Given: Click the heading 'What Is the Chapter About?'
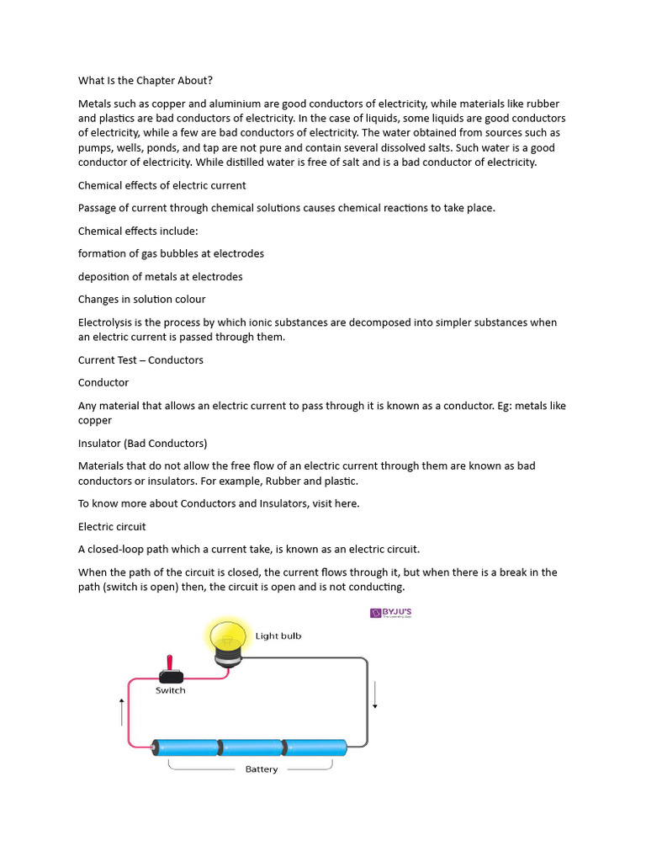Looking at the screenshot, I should pos(145,81).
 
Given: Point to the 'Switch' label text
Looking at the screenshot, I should pos(171,690).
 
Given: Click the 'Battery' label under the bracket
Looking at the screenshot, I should pos(261,769).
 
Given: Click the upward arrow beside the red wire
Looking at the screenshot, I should pos(122,712).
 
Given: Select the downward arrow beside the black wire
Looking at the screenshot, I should pos(375,694).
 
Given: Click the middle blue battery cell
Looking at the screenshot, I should pos(252,747).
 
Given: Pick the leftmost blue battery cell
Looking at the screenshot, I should pos(187,747).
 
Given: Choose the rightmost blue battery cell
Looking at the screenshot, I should pos(315,747).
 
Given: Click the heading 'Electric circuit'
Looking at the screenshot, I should pos(112,527).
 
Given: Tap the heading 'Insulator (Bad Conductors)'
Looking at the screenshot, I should pos(142,443).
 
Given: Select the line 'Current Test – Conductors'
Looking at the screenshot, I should pos(140,360).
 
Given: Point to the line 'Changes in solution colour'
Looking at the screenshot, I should pos(141,300).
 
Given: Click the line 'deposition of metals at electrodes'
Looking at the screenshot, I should pos(160,277).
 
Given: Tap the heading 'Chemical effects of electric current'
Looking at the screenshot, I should pos(161,185).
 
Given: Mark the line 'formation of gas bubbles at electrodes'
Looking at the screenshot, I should pos(171,254).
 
